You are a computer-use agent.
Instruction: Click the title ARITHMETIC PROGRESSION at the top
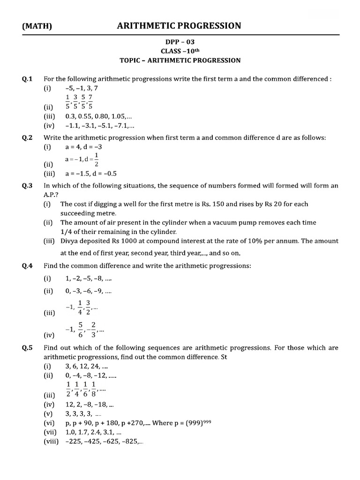click(179, 25)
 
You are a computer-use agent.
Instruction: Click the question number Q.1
click(27, 79)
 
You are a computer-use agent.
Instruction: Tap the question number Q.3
click(27, 186)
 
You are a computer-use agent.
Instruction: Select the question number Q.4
click(27, 266)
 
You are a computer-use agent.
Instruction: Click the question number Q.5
click(27, 348)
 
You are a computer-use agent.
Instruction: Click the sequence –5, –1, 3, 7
click(82, 88)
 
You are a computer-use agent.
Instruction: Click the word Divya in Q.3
click(69, 241)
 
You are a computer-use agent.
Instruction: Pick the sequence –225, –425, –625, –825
click(105, 442)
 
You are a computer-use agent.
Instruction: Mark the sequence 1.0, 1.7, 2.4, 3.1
click(94, 432)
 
